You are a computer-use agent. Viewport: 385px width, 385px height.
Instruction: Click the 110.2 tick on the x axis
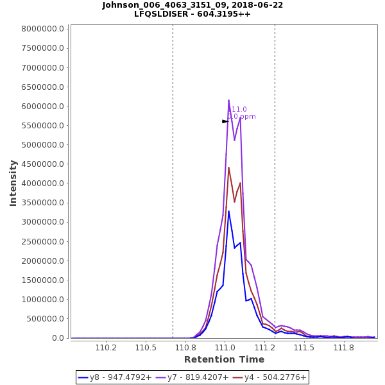click(106, 348)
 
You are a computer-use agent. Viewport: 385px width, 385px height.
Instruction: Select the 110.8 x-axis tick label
click(185, 348)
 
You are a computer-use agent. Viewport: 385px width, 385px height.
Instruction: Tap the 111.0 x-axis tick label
click(225, 348)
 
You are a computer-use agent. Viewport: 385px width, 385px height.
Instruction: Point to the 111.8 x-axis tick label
click(344, 348)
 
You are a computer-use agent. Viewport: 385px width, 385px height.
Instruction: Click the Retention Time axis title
click(224, 359)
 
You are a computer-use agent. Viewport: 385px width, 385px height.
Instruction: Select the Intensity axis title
click(13, 183)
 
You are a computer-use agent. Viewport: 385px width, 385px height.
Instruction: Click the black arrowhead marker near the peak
click(225, 121)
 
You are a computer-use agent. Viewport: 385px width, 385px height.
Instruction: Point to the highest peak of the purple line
click(228, 100)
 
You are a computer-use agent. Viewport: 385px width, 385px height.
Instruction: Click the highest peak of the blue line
click(228, 211)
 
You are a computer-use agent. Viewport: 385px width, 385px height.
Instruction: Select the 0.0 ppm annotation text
click(242, 117)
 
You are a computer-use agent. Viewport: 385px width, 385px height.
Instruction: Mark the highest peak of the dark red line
click(228, 167)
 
